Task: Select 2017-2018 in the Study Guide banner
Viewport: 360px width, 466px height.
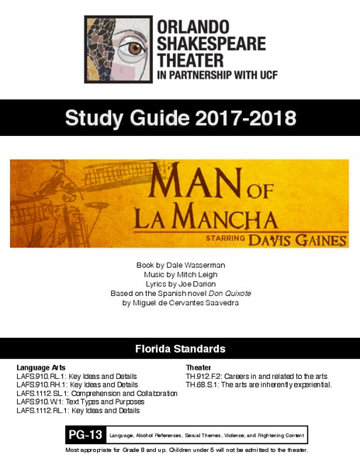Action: (x=247, y=119)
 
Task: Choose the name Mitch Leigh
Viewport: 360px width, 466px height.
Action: (x=196, y=274)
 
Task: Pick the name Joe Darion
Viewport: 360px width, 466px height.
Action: (x=196, y=283)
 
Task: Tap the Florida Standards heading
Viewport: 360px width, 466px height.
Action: (x=180, y=348)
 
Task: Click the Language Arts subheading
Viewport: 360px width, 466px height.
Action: (x=41, y=367)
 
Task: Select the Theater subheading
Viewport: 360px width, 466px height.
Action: (x=199, y=367)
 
